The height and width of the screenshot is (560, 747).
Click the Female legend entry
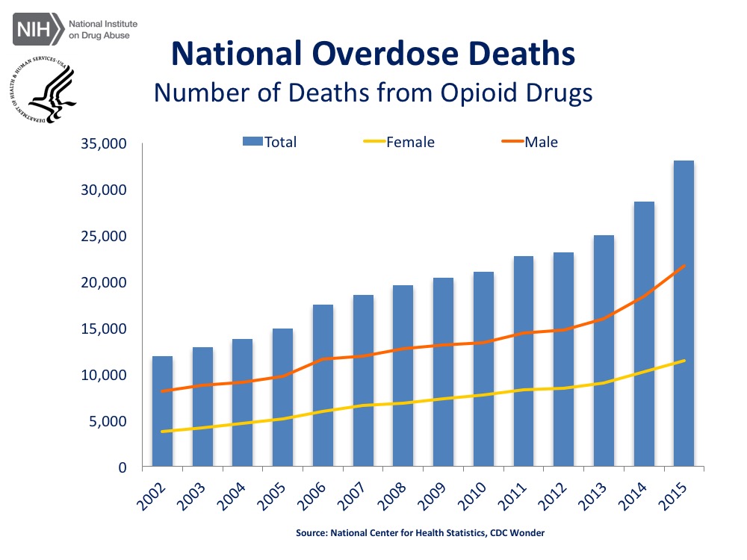click(410, 142)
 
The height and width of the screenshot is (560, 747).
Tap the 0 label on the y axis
click(130, 467)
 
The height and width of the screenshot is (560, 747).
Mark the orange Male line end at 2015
click(684, 266)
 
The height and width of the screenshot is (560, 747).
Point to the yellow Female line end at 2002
click(163, 431)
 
